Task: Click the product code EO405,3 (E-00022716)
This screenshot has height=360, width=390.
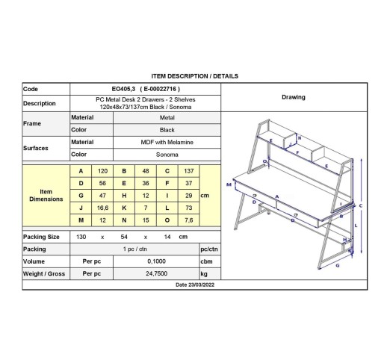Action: (x=146, y=89)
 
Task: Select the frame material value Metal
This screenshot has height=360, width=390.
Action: (x=167, y=117)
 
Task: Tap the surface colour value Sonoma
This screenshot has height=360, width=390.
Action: (x=167, y=155)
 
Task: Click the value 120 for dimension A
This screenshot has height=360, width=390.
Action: (x=102, y=171)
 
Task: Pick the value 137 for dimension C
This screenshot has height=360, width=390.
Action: (x=188, y=171)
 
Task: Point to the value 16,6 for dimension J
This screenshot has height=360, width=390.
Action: (x=102, y=208)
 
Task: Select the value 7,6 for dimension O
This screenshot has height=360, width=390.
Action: (x=188, y=220)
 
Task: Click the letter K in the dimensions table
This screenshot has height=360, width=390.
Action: (x=124, y=208)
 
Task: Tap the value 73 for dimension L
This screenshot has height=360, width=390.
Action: (x=188, y=208)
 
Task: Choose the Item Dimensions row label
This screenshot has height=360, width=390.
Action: (x=46, y=196)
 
